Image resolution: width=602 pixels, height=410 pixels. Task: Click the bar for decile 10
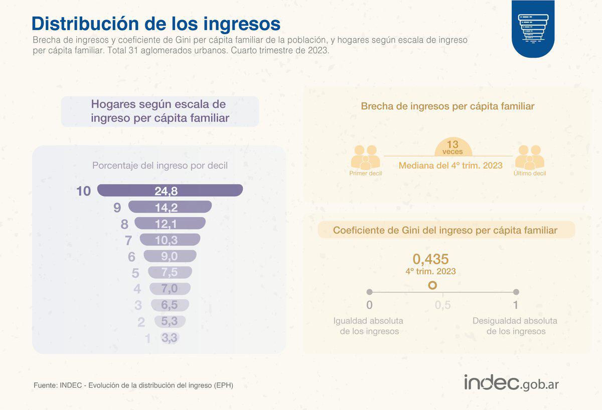(x=170, y=190)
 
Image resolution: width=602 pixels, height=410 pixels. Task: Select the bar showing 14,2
(x=170, y=207)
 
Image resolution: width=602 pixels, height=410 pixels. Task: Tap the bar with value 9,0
(x=170, y=256)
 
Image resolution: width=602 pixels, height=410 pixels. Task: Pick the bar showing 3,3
(x=170, y=338)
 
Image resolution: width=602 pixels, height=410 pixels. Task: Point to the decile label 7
(x=128, y=241)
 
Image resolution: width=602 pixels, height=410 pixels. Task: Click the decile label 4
(x=137, y=289)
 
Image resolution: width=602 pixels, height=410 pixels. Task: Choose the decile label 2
(x=141, y=322)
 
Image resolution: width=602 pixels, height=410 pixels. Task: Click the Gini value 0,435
(x=430, y=259)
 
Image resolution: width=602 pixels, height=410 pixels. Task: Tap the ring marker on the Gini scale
(x=432, y=285)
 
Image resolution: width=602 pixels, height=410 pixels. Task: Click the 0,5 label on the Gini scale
(x=442, y=305)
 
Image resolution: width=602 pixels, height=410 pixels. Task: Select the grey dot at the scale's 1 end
(x=516, y=292)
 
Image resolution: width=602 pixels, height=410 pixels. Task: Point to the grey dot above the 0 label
(x=370, y=292)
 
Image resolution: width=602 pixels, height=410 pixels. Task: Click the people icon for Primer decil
(x=365, y=157)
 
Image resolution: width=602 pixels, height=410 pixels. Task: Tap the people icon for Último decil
(x=530, y=157)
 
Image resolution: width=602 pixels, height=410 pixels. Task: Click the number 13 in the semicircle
(x=453, y=144)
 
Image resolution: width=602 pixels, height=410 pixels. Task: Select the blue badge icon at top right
(x=533, y=28)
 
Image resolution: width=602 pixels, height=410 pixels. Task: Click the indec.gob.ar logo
(x=511, y=383)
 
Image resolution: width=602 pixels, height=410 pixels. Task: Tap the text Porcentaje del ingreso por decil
(x=160, y=165)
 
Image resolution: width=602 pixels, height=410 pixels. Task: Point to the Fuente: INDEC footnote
(x=133, y=385)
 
